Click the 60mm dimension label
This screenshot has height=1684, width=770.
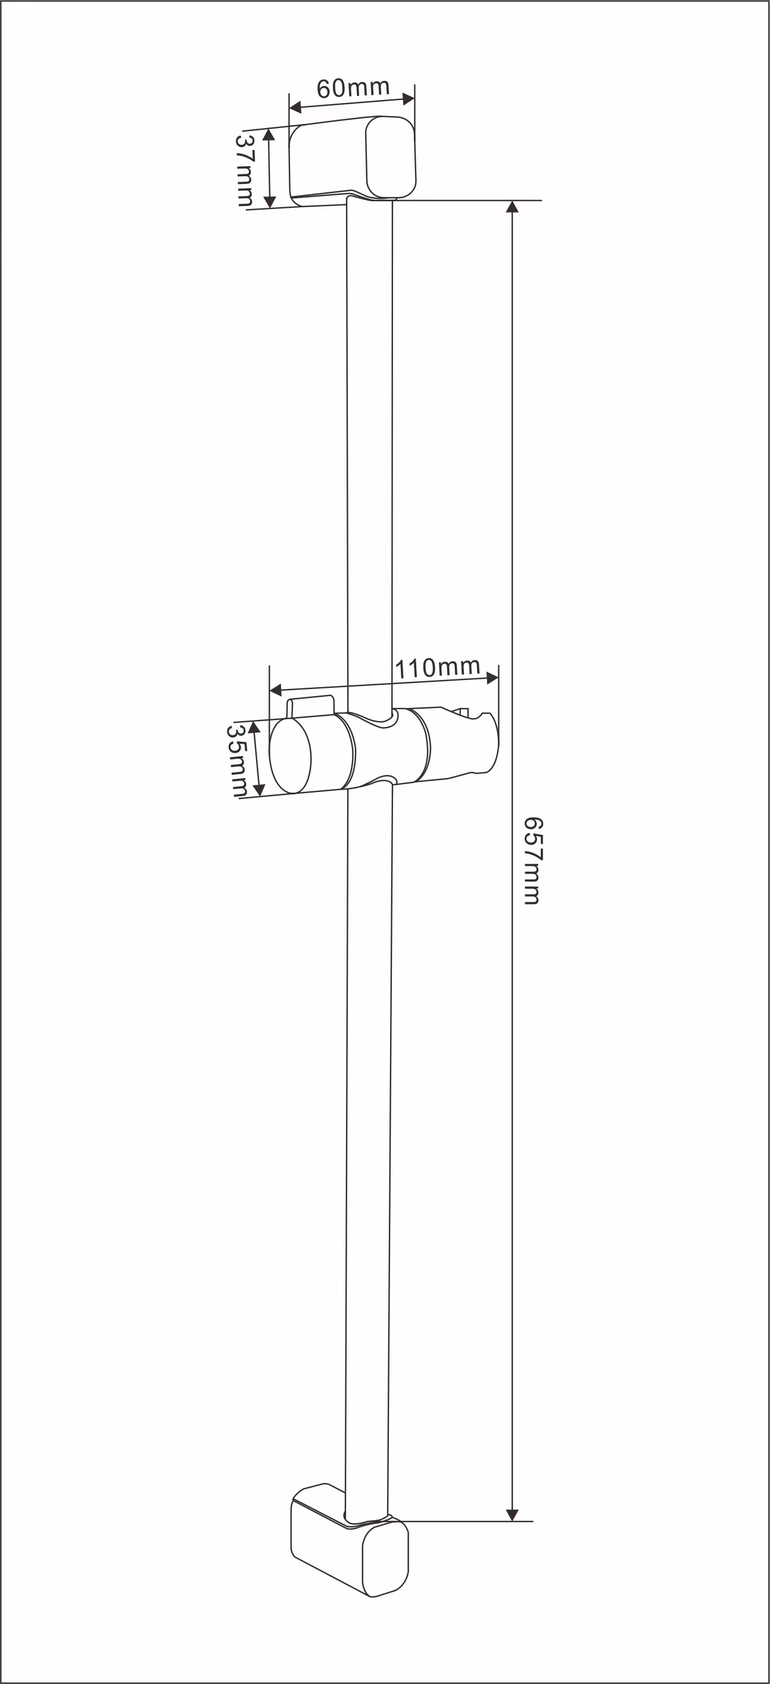[x=353, y=88]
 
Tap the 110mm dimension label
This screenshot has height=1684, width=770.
[x=438, y=668]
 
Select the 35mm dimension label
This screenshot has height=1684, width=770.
[x=236, y=760]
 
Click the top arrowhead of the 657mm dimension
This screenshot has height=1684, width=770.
[x=513, y=207]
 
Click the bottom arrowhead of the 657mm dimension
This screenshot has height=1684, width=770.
[x=513, y=1515]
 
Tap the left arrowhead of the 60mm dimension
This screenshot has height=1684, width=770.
[x=295, y=107]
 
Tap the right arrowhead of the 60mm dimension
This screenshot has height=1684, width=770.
[x=409, y=99]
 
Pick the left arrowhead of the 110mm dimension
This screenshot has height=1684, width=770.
[x=276, y=690]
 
